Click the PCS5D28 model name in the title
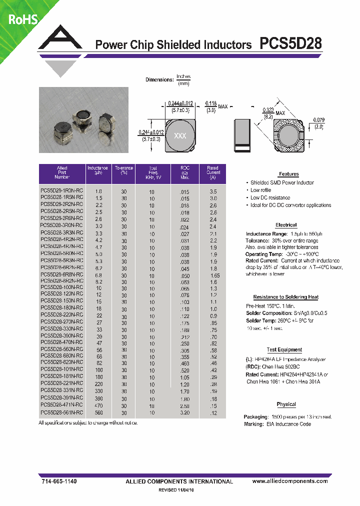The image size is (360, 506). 290,44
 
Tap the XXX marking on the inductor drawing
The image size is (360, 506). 179,136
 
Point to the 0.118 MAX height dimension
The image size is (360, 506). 216,106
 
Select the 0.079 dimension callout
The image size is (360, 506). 318,123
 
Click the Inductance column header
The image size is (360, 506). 97,172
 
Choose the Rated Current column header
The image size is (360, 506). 213,172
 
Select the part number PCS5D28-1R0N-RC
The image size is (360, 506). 61,191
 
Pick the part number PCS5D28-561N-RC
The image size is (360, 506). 61,413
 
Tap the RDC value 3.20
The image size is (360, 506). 185,413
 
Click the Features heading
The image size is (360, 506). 288,174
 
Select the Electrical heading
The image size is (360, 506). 286,225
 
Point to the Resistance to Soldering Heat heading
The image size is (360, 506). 285,297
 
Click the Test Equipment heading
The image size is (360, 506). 284,350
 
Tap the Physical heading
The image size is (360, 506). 286,404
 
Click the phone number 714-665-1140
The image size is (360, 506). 58,481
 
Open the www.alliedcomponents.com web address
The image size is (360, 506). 290,481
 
